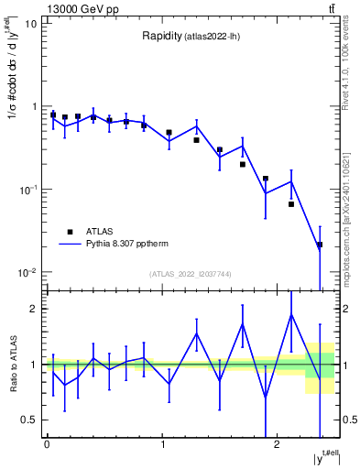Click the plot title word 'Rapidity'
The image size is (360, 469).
(x=161, y=37)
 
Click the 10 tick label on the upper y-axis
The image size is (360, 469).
(x=28, y=23)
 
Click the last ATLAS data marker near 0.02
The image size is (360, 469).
(x=319, y=245)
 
